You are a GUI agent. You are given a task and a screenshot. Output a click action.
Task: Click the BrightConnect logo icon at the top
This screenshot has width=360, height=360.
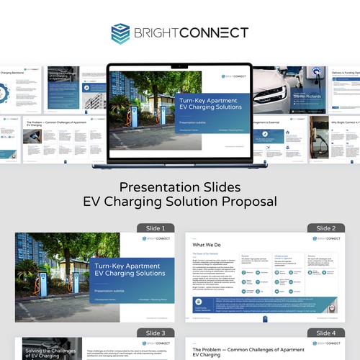click(120, 33)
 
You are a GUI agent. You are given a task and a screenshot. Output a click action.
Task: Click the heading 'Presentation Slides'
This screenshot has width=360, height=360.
click(179, 187)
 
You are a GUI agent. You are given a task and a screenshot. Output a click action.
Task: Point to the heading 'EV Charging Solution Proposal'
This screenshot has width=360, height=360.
click(179, 202)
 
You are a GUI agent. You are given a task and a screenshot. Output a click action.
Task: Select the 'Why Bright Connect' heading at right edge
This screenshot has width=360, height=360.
click(345, 123)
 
